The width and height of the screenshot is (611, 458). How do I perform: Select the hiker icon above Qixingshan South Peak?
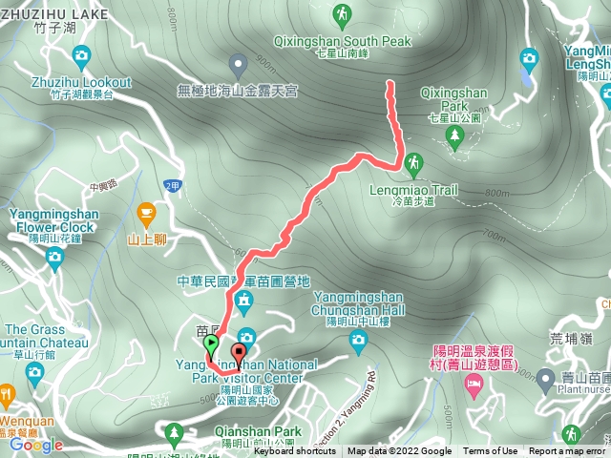click(341, 14)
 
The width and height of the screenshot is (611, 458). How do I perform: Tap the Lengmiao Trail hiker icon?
click(413, 163)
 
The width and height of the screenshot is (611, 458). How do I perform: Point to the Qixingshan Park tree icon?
click(454, 137)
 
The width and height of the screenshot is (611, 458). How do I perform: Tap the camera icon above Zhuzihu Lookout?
click(80, 55)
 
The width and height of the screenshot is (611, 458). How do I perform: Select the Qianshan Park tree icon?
click(174, 434)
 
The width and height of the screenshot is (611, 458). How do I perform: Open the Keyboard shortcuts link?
click(294, 451)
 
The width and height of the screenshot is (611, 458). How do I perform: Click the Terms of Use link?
click(491, 451)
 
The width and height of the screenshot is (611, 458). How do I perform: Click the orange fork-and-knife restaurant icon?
click(7, 394)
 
